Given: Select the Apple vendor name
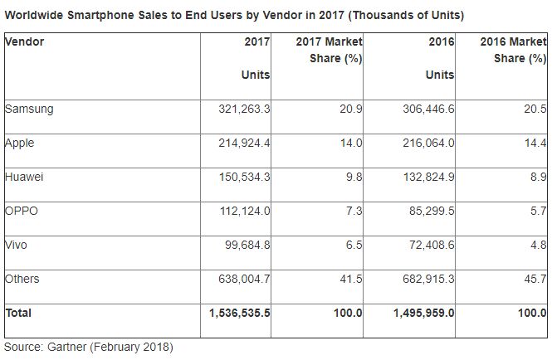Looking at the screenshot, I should (x=21, y=142).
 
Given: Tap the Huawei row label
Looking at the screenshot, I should (x=25, y=176).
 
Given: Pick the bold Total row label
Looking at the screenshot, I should (x=19, y=313).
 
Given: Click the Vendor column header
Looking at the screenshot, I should (x=25, y=41).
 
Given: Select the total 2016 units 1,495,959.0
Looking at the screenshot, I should (x=421, y=314).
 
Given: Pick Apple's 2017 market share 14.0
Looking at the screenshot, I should (x=352, y=143).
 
